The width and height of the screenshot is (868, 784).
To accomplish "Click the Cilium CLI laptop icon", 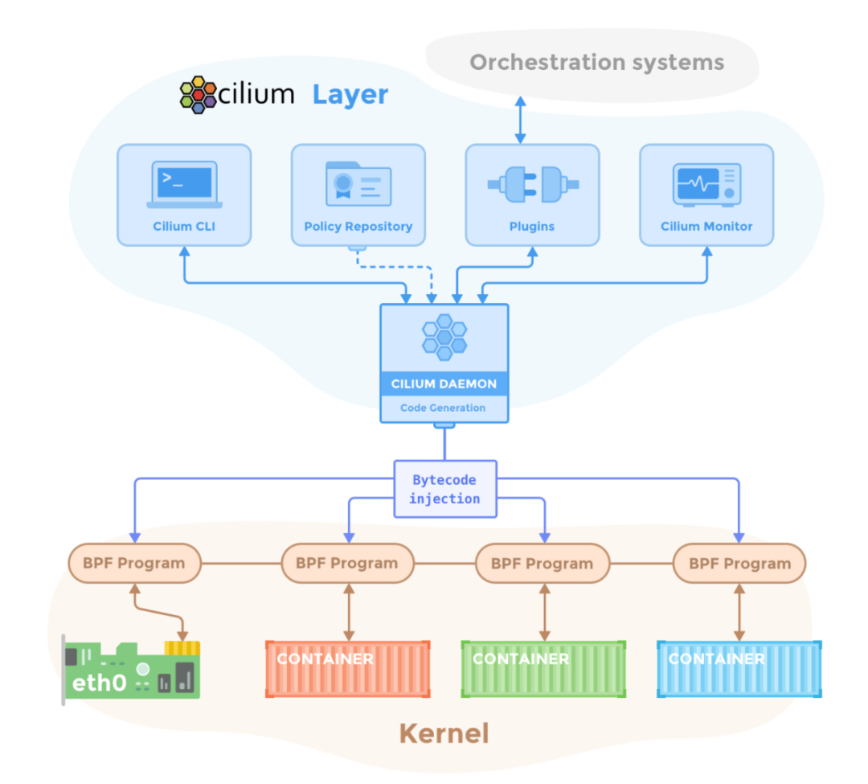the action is pos(184,184).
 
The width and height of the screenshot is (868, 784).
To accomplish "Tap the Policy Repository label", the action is pos(358,227).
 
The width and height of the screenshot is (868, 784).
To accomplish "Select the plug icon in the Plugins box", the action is pos(533,184).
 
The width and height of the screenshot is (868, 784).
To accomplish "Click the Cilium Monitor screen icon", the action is pos(707,184).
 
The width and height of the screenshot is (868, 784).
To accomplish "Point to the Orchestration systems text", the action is pos(596,63).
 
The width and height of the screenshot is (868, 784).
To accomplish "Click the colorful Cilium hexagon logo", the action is pos(199,95).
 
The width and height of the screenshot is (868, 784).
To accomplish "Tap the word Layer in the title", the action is pos(350,95).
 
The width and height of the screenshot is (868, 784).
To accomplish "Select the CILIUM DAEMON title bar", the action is pos(444,384).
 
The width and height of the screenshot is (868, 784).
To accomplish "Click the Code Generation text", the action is pos(443,408).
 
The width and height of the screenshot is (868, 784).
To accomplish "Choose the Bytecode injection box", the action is pos(445,489).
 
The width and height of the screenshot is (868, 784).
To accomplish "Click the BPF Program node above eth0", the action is pos(134,563).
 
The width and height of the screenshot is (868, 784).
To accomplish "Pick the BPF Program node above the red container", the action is pos(348,563).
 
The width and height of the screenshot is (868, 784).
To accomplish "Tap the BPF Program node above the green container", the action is pos(542,563).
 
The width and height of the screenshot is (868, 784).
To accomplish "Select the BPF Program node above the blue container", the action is pos(739,563).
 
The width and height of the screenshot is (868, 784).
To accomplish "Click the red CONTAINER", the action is pos(348,669).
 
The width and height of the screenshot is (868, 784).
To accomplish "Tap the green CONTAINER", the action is pos(543,669).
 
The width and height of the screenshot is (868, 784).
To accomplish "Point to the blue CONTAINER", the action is pos(739,669).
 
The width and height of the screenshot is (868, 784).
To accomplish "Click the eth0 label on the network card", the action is pos(99,683).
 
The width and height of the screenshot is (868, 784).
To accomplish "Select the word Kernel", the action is pos(444,733).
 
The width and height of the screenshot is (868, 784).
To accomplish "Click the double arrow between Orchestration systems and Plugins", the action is pos(520,120).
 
